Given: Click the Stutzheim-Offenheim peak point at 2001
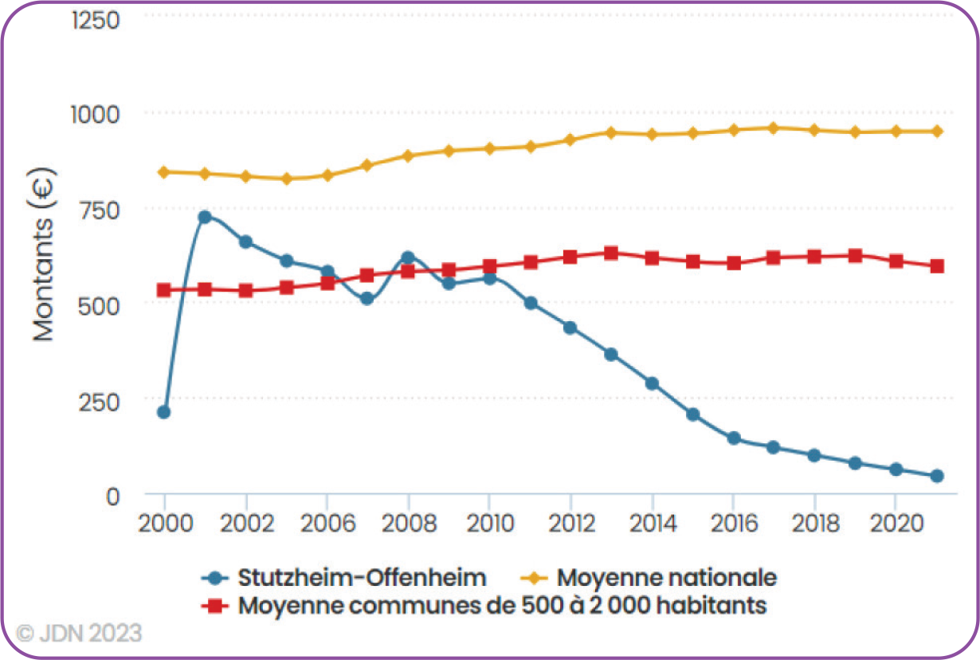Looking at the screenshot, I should point(205,217).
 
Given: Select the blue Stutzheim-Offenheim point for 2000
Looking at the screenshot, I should point(164,412).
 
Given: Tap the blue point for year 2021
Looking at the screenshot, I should point(937,476).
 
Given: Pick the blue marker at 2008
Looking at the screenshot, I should point(408,257).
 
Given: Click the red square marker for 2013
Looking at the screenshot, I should point(611,253).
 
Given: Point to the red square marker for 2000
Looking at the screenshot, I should point(164,290).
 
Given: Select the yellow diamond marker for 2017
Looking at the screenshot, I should point(773,128).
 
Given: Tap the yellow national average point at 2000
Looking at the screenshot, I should point(164,172).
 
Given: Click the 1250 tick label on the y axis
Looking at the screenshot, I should point(96,19).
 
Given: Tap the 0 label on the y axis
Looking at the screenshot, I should point(112,496).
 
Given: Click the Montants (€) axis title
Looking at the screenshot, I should point(45,253).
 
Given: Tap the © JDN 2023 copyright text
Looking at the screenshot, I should point(80,634).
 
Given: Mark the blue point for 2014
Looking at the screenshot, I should point(652,383).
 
